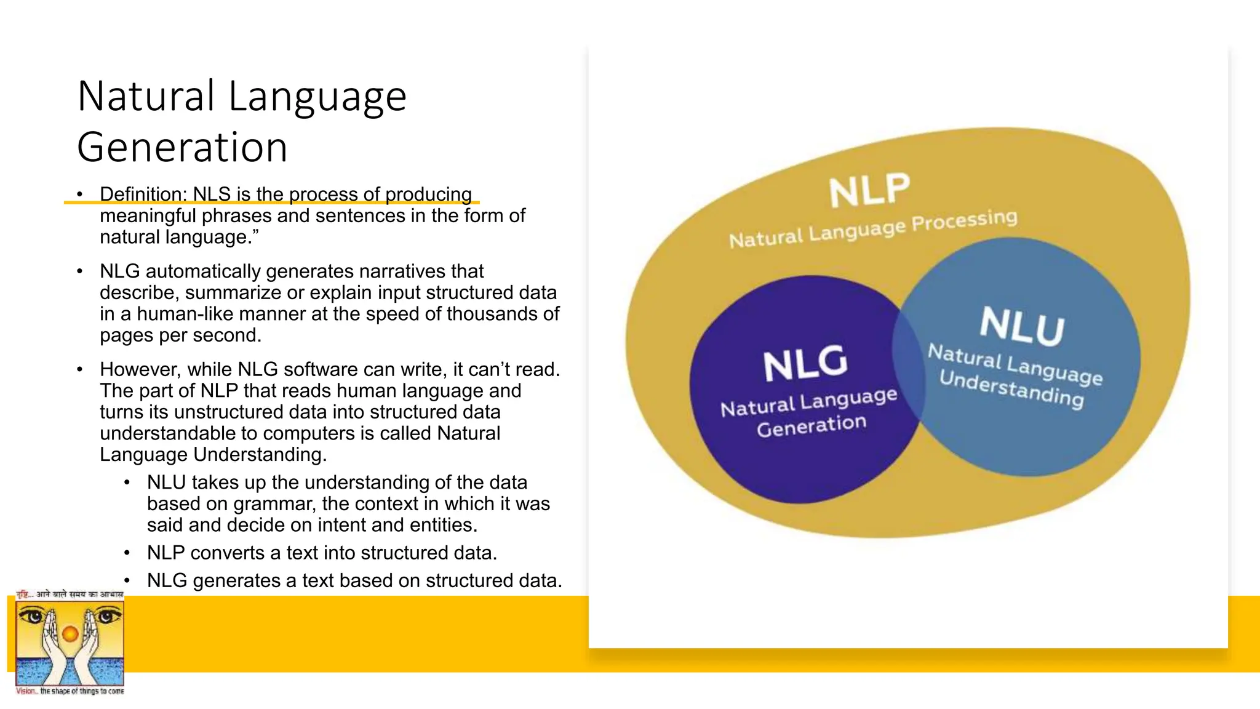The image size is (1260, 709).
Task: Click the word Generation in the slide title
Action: [182, 148]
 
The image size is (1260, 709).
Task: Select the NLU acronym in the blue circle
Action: [1022, 326]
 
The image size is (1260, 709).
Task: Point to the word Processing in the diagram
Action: [964, 220]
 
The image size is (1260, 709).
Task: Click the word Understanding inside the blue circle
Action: [1011, 390]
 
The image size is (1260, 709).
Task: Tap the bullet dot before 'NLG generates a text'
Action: [127, 581]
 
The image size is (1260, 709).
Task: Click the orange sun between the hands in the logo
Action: [70, 634]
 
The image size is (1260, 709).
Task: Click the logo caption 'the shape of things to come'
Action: [82, 692]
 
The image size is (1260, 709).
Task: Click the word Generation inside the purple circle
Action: [811, 425]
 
